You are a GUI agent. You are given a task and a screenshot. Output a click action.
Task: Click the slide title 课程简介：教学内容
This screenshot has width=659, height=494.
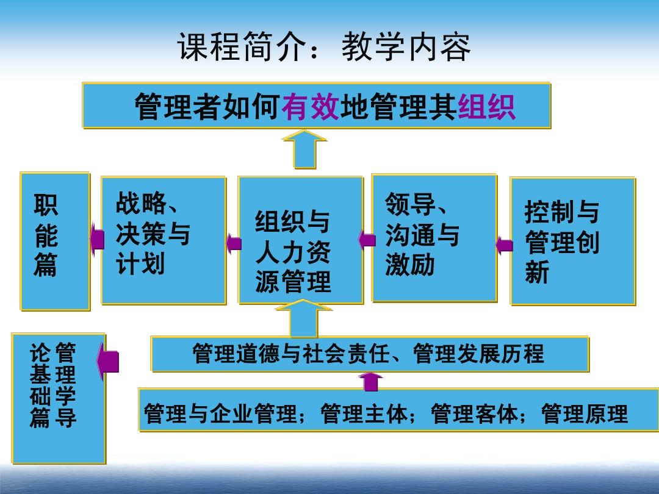pyautogui.click(x=323, y=46)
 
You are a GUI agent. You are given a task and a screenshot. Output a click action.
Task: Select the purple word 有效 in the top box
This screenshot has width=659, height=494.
pyautogui.click(x=311, y=106)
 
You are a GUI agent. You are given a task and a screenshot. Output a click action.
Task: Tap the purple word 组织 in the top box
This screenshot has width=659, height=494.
pyautogui.click(x=487, y=106)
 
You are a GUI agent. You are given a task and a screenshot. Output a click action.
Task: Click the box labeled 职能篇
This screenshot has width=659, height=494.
pyautogui.click(x=55, y=241)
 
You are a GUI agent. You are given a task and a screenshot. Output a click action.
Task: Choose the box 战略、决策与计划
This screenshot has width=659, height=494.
pyautogui.click(x=164, y=240)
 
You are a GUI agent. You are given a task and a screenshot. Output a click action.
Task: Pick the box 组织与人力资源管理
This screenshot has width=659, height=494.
pyautogui.click(x=300, y=240)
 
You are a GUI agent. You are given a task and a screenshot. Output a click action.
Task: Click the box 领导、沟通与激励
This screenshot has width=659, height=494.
pyautogui.click(x=434, y=238)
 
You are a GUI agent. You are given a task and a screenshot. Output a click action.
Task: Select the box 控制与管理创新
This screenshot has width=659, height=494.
pyautogui.click(x=573, y=241)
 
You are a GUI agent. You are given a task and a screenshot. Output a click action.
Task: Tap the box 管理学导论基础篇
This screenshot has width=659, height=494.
pyautogui.click(x=59, y=398)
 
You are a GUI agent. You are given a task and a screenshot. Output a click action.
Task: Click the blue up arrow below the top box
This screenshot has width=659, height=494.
pyautogui.click(x=304, y=149)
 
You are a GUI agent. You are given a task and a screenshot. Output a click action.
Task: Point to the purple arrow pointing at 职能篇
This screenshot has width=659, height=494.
pyautogui.click(x=97, y=240)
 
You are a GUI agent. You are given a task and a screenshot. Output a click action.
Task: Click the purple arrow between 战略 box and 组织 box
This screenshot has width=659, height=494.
pyautogui.click(x=234, y=243)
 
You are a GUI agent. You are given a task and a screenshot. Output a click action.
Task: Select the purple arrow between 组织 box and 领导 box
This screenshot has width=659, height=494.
pyautogui.click(x=367, y=240)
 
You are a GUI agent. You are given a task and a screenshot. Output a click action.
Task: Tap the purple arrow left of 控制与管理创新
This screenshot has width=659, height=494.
pyautogui.click(x=505, y=245)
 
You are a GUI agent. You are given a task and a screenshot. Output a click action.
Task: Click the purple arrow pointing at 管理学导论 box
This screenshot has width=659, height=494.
pyautogui.click(x=108, y=362)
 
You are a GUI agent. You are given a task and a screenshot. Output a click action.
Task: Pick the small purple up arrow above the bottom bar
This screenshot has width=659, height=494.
pyautogui.click(x=371, y=382)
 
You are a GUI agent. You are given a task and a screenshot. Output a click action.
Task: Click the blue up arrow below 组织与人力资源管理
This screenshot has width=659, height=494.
pyautogui.click(x=304, y=318)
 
